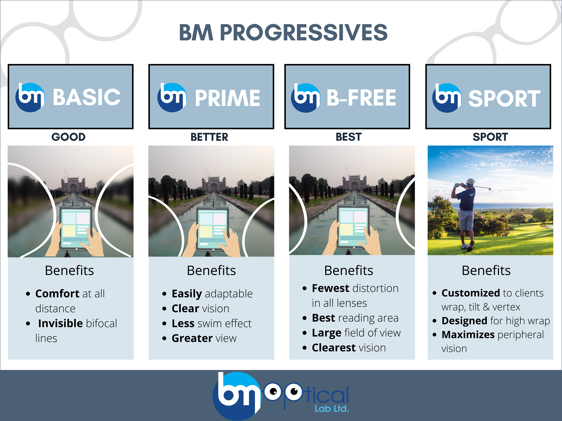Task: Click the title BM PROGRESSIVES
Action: tap(283, 33)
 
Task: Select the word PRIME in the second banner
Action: tap(227, 98)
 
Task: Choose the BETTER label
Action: tap(209, 137)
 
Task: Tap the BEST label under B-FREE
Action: tap(349, 137)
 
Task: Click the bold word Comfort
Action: tap(57, 294)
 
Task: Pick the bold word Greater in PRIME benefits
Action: tap(192, 338)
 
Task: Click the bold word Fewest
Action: tap(331, 288)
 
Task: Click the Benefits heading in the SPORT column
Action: tap(486, 271)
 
